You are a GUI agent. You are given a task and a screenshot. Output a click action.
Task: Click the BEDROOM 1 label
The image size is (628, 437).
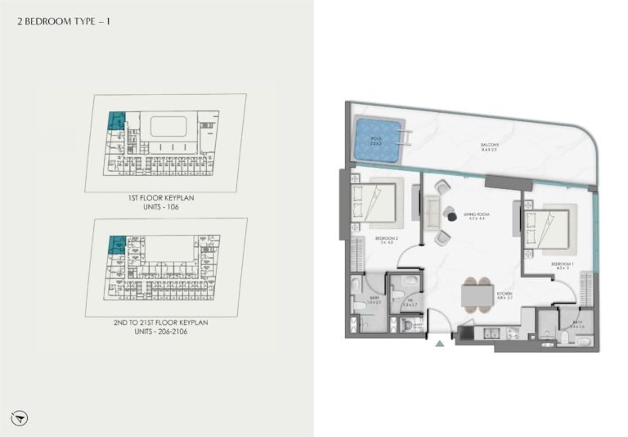click(541, 265)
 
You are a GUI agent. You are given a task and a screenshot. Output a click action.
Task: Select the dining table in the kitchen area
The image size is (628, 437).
click(474, 295)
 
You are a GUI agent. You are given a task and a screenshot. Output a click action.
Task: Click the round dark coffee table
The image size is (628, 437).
click(449, 214)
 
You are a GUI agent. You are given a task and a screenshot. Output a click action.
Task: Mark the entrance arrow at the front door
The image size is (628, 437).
click(440, 344)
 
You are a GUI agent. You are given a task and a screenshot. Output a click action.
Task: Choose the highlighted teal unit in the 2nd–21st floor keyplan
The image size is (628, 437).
click(115, 243)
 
